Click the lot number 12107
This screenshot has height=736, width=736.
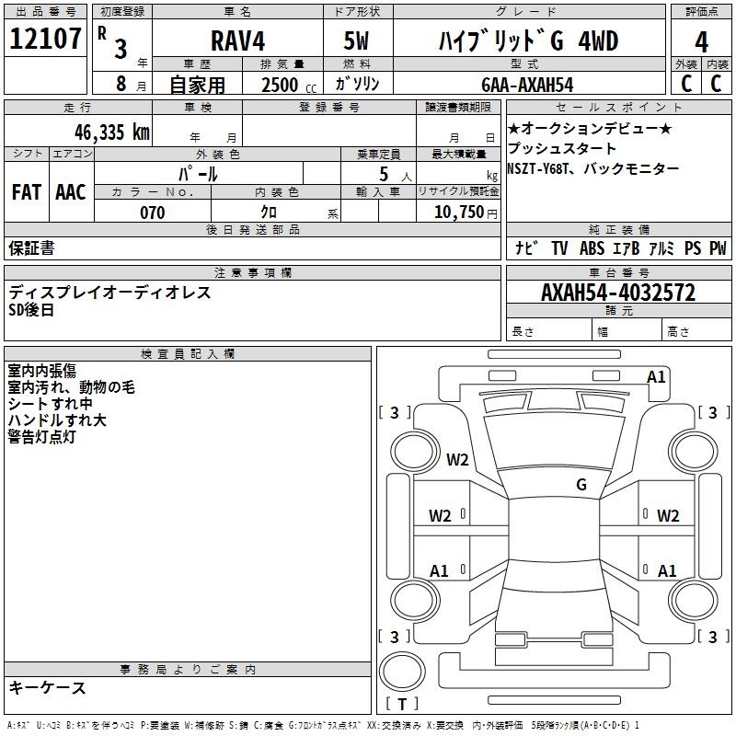click(45, 38)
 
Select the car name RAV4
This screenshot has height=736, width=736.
click(238, 40)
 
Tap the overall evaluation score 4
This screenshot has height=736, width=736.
click(701, 41)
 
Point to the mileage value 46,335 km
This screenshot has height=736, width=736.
click(111, 132)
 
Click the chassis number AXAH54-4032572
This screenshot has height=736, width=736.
click(618, 293)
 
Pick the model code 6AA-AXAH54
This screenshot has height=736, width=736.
click(527, 85)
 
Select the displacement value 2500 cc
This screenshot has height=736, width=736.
click(289, 85)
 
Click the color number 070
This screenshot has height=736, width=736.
click(153, 213)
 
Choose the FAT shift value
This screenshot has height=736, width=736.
click(27, 192)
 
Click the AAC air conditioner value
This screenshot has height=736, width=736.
click(71, 192)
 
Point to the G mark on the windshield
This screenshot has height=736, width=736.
click(581, 484)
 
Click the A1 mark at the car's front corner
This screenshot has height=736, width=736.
click(656, 376)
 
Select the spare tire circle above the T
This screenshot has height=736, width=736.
click(402, 672)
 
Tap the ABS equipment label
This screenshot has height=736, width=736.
click(592, 247)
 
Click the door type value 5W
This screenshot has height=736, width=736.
click(356, 40)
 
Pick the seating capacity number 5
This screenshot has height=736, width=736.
click(384, 174)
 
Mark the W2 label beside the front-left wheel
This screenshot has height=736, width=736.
click(457, 459)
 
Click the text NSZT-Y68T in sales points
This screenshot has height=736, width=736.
click(537, 168)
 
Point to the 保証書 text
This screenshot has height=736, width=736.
click(31, 247)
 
